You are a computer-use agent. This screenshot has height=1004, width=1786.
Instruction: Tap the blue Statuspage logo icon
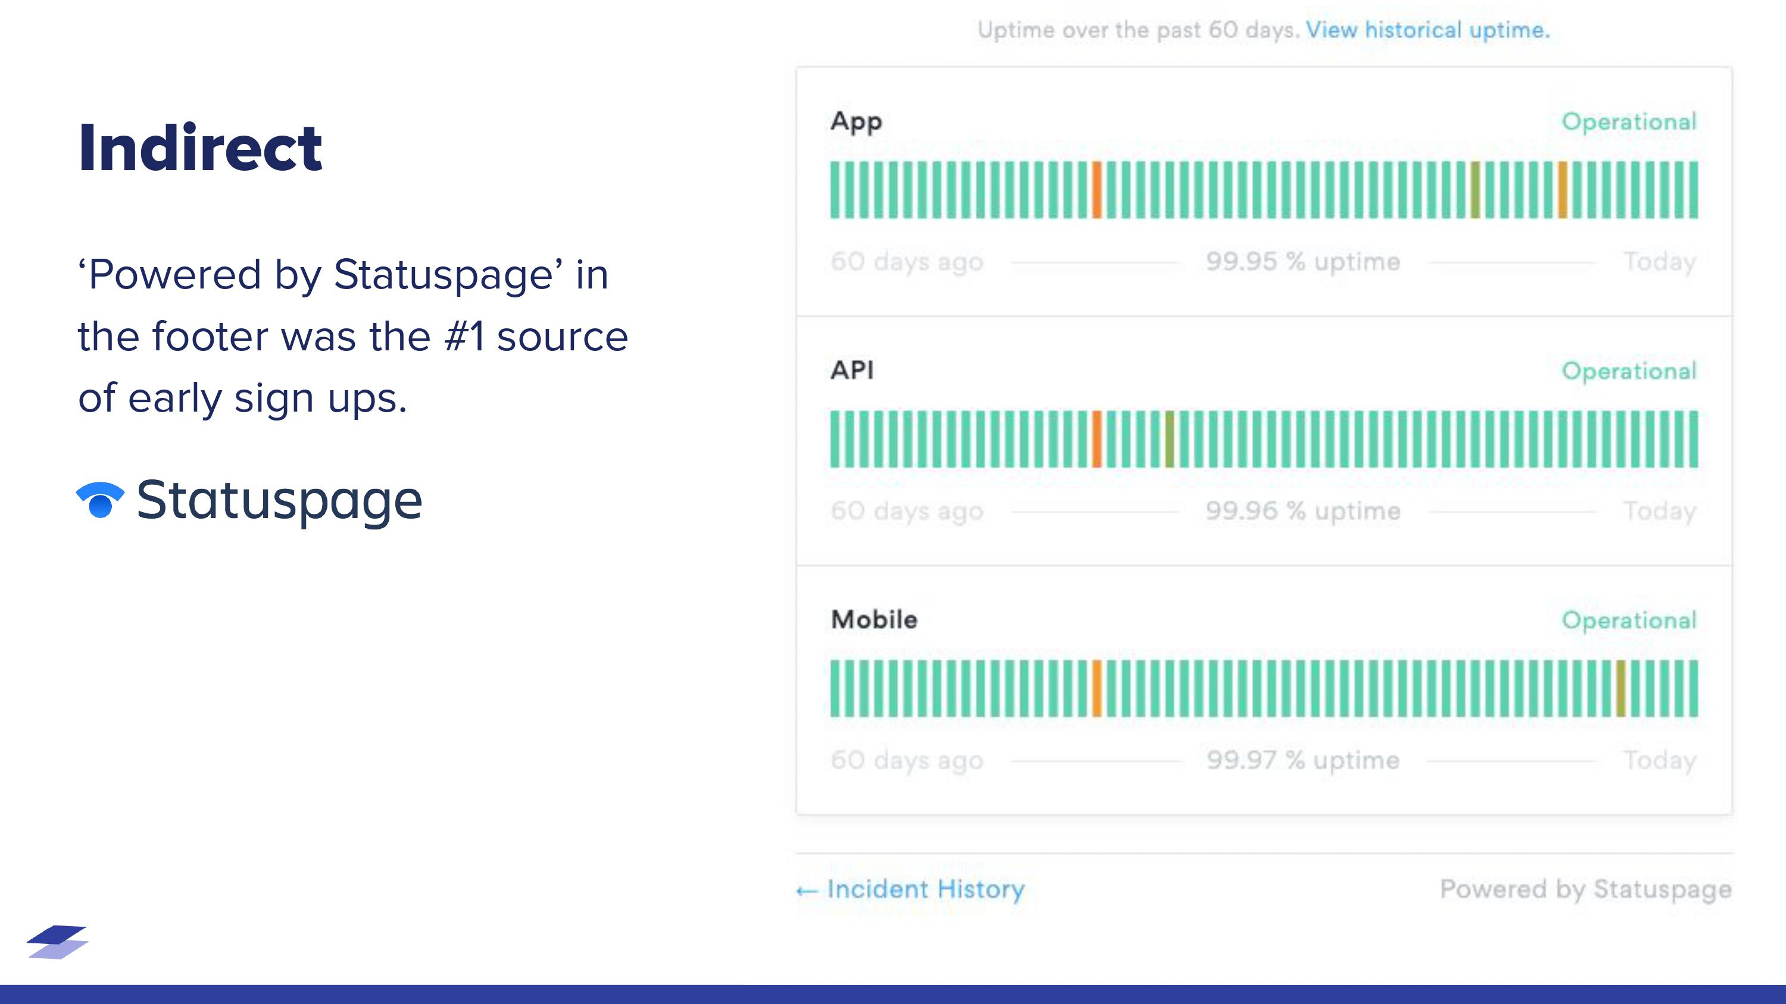coord(100,500)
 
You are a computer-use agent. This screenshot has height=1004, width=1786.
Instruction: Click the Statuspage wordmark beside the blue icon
coord(279,500)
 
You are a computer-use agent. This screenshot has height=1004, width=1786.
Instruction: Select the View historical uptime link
coord(1427,30)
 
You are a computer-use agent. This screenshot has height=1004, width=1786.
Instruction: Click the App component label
coord(855,121)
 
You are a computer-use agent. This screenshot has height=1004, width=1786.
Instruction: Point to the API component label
coord(852,370)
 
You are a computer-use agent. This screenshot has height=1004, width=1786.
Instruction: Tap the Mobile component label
coord(873,619)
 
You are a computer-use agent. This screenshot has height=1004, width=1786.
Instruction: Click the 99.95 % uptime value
coord(1303,262)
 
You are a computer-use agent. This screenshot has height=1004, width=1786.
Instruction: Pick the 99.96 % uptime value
coord(1303,511)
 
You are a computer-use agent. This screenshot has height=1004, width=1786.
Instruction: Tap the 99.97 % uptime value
coord(1303,760)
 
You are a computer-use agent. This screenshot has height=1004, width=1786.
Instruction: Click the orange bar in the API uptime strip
coord(1097,440)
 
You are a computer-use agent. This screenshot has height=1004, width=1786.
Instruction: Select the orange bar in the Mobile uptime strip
coord(1097,688)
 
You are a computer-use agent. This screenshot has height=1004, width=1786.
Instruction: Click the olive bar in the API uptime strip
coord(1170,440)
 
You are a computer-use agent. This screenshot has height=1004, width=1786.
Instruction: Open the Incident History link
coord(910,889)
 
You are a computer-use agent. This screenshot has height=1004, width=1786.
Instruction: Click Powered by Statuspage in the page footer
coord(1585,889)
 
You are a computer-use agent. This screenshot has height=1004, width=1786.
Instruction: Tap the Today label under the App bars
coord(1659,262)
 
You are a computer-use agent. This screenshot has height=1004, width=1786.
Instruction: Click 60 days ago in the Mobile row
coord(907,760)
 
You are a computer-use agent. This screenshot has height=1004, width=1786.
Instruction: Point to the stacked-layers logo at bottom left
coord(58,942)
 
